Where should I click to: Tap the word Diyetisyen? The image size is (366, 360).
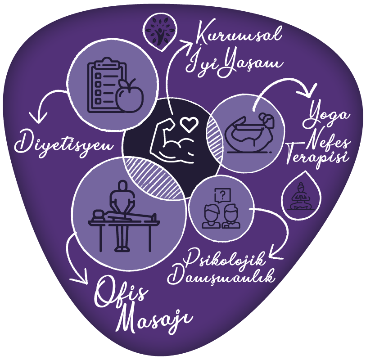pos(64,143)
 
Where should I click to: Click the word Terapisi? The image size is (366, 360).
pos(317,156)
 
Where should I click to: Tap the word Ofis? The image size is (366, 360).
pos(122,294)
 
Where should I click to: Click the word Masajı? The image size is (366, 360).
pos(154,318)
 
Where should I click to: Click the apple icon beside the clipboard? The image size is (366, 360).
pos(129,96)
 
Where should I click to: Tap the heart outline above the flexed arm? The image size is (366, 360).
pos(190,124)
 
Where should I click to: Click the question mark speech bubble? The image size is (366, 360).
pos(222,195)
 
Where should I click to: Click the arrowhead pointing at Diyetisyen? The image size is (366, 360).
pos(39,117)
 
